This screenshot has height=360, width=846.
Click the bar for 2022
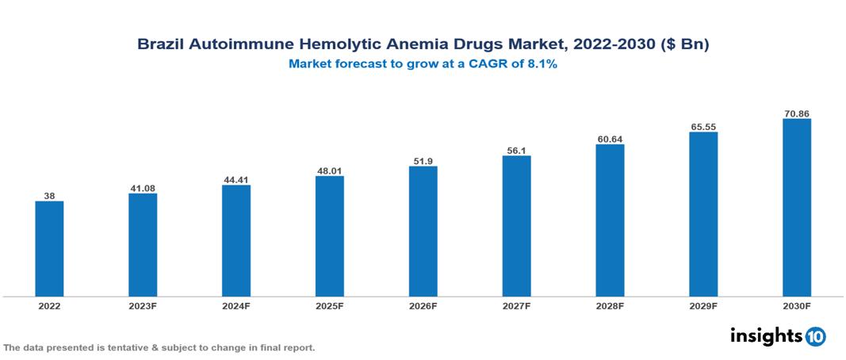[49, 249]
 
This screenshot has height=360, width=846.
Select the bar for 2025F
[330, 236]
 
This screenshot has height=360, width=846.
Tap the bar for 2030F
[797, 208]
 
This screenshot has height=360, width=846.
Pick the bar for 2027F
[516, 226]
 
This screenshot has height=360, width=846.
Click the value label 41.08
[143, 188]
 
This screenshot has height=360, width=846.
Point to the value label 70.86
[797, 113]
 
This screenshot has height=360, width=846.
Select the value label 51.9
[423, 161]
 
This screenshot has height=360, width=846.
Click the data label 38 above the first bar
[49, 196]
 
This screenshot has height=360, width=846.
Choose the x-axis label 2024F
[236, 305]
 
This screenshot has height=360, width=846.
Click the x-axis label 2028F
[610, 305]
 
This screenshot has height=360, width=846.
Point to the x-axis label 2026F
[423, 305]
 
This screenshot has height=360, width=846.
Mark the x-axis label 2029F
[703, 305]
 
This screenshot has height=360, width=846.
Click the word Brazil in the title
[159, 45]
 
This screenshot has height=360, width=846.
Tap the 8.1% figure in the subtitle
[542, 64]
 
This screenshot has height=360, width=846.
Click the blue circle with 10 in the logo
[815, 336]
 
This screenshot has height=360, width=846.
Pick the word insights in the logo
[766, 335]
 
